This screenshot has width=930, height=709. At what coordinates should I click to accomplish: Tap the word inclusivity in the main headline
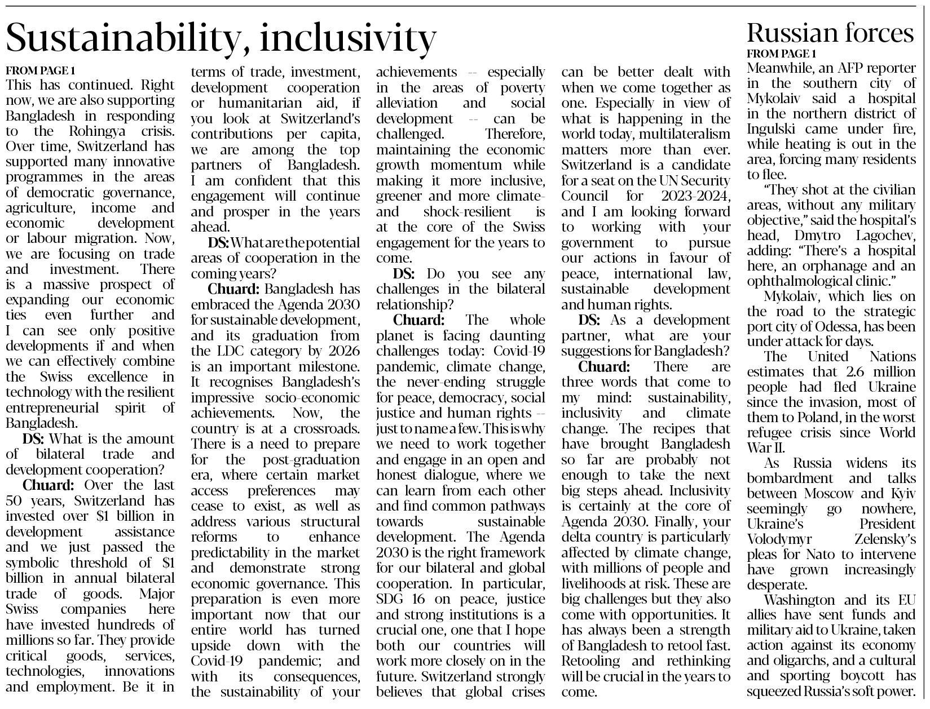click(x=348, y=38)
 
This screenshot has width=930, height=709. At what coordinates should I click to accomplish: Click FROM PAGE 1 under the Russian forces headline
click(x=781, y=54)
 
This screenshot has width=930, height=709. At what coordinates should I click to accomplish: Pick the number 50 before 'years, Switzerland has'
click(x=14, y=501)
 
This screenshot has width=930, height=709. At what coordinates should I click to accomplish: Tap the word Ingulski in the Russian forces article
click(x=771, y=129)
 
